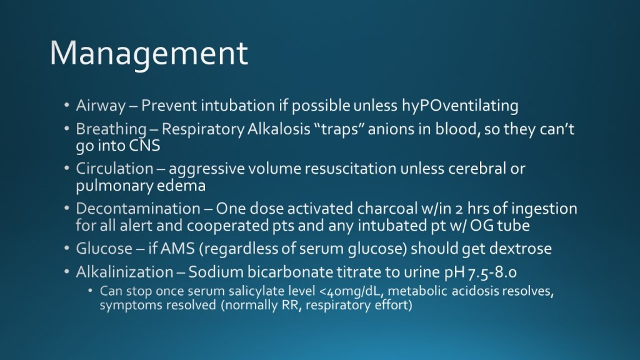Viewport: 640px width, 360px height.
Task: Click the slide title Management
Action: click(149, 54)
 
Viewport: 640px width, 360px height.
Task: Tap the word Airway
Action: click(101, 106)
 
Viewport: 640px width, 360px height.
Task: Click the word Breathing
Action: click(111, 129)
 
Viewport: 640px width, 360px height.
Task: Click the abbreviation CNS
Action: click(144, 146)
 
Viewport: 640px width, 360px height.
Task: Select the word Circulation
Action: click(115, 168)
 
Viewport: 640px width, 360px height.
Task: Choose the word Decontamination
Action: click(138, 209)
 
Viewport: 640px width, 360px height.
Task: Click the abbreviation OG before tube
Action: click(481, 225)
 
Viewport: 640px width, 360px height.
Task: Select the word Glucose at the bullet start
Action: click(104, 249)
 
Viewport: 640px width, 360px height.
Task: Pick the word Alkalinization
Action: click(124, 272)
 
